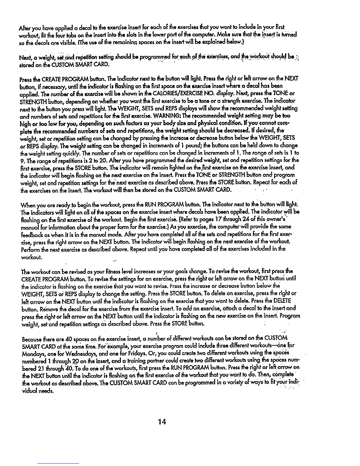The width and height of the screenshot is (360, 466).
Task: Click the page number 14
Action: tap(162, 422)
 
